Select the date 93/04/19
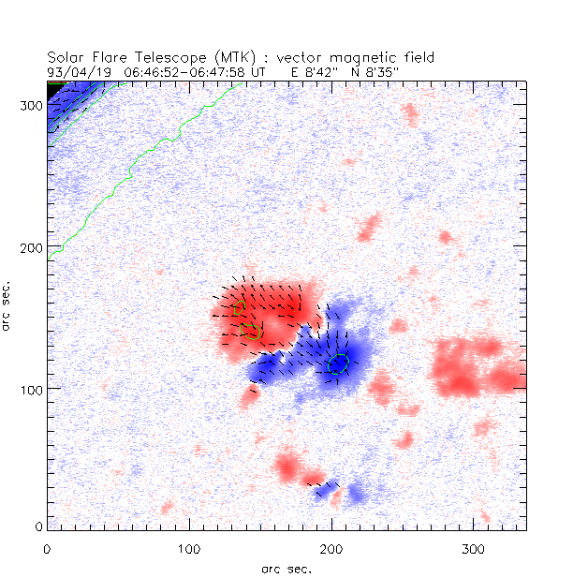[79, 70]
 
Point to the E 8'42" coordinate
[318, 70]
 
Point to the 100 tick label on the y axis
[32, 389]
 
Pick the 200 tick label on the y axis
[32, 247]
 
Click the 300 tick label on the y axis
[32, 106]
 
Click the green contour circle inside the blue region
[339, 363]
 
